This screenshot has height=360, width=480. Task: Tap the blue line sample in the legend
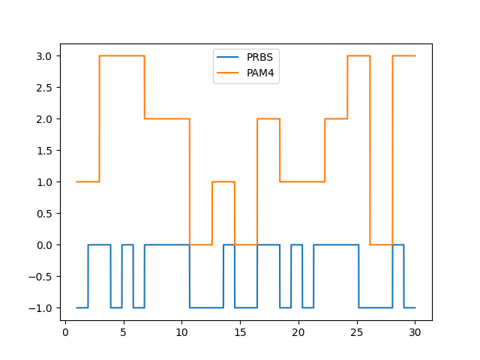[x=228, y=57]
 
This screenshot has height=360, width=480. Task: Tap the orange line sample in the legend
[x=228, y=72]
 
